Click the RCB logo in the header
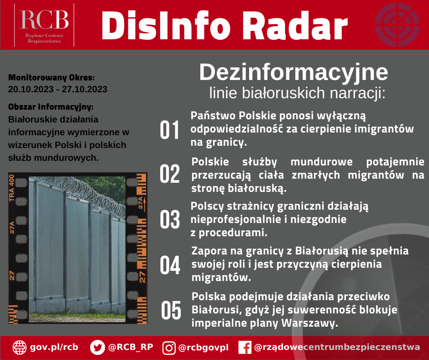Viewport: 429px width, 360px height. (x=44, y=25)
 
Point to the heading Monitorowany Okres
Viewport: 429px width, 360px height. (x=52, y=78)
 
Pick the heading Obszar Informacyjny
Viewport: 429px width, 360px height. (x=51, y=107)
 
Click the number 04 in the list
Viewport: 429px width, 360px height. (x=170, y=266)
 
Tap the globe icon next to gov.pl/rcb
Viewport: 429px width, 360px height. (x=20, y=347)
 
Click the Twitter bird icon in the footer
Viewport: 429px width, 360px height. (x=97, y=347)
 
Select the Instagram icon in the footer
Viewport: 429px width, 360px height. (x=169, y=348)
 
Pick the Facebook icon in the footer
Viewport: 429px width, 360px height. (x=245, y=348)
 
